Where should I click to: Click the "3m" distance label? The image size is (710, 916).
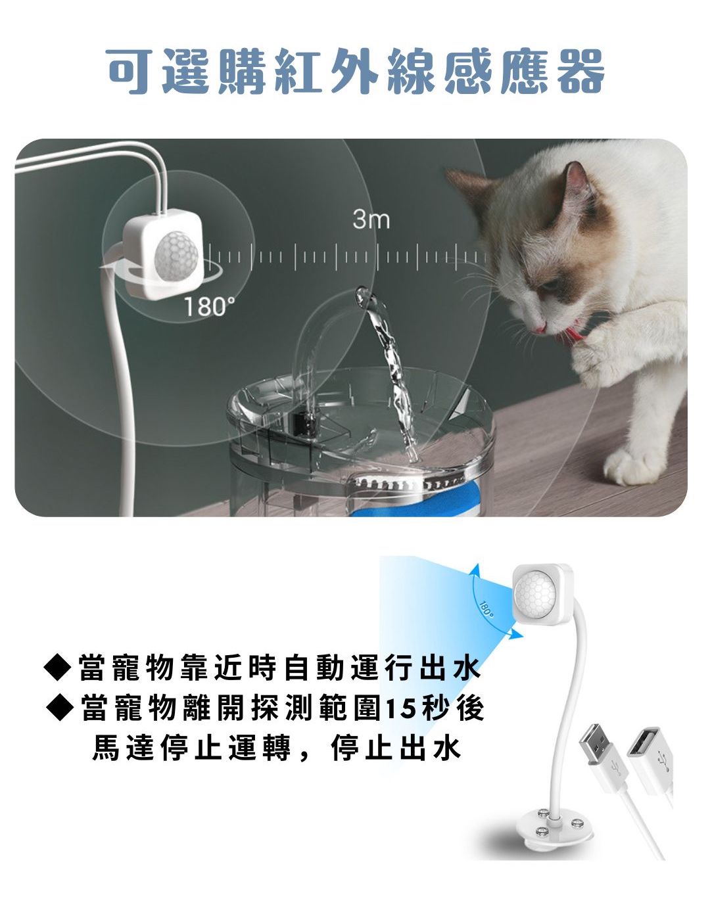coord(371,219)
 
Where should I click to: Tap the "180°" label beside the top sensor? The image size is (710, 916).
coord(208,306)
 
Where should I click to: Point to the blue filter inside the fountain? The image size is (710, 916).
coord(421,507)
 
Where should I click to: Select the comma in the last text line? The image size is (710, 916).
coord(303,754)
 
